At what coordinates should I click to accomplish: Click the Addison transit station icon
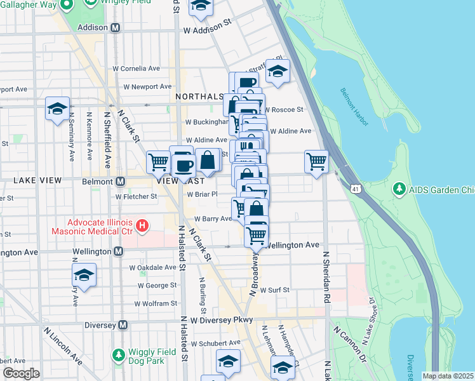coord(115,28)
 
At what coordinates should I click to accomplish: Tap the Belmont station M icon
coord(119,181)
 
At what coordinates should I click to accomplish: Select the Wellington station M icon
coord(117,252)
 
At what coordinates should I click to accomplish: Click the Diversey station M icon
coord(123,325)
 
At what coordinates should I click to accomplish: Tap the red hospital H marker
coord(143,225)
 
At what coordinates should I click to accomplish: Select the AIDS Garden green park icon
coord(399,189)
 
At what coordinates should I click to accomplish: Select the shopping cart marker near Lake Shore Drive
coord(316,161)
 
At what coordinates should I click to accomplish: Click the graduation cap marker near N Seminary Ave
coord(57,109)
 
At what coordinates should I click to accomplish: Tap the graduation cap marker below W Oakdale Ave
coord(84,275)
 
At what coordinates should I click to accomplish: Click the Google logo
coord(21,373)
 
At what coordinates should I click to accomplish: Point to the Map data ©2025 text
coord(448,376)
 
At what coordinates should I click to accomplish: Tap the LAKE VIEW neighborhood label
coord(38,181)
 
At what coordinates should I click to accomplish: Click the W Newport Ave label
coord(147,86)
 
